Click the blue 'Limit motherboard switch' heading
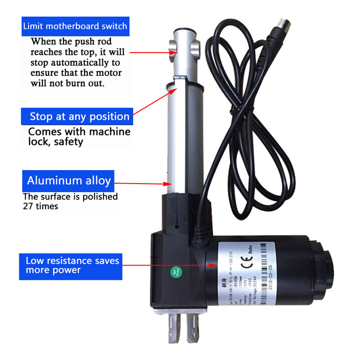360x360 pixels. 75,26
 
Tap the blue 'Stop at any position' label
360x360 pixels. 79,117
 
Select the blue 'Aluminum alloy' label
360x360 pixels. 68,181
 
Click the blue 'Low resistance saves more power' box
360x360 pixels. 71,265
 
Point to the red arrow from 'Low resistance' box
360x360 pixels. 171,265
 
